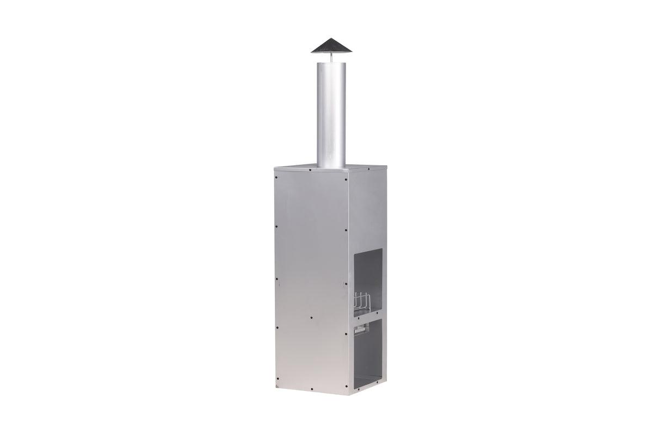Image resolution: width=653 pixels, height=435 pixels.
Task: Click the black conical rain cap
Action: tap(331, 46)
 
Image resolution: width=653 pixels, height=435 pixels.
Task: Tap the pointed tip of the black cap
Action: tap(331, 39)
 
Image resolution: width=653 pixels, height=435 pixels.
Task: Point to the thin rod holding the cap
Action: tap(331, 57)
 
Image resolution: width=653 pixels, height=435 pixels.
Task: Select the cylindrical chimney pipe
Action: tap(331, 114)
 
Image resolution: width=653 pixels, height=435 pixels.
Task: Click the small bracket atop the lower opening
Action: tap(361, 328)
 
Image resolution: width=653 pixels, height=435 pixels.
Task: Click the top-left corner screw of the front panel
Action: tap(277, 176)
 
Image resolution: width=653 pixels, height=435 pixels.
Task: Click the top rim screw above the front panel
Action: tap(310, 169)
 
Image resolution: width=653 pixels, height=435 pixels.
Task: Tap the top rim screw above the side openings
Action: tap(368, 170)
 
